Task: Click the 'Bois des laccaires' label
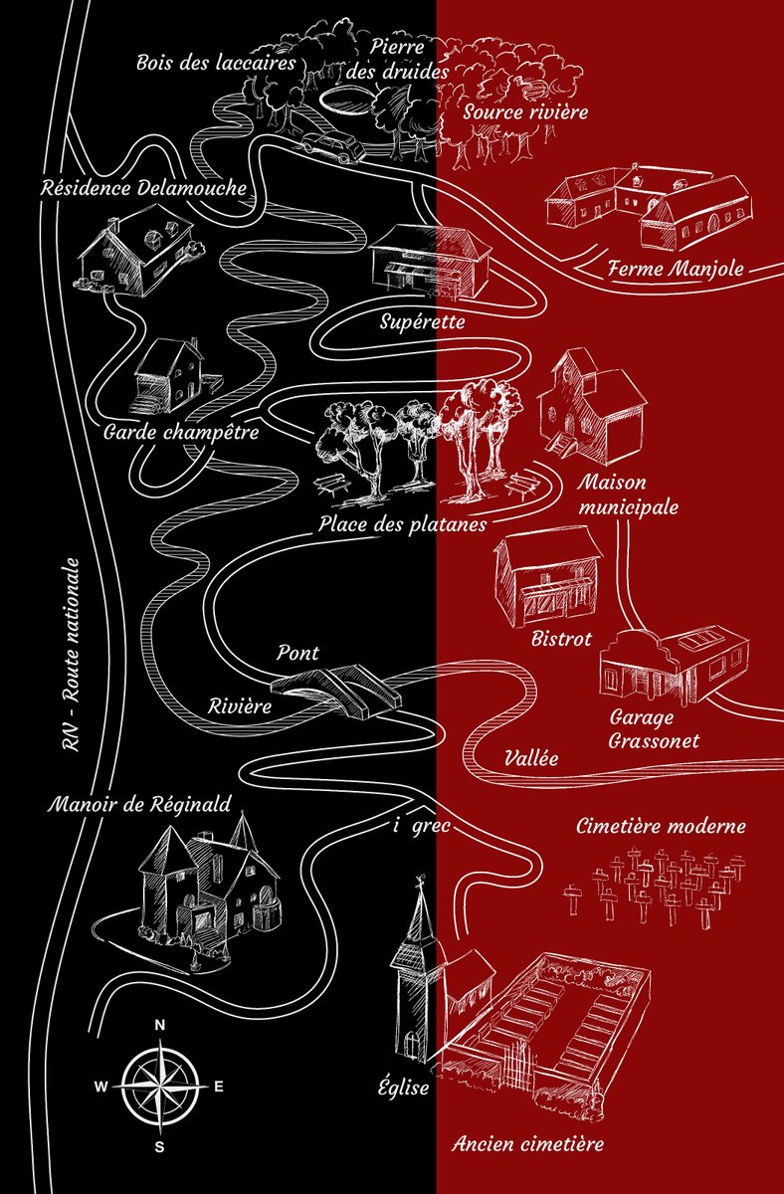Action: (216, 63)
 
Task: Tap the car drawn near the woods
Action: (334, 145)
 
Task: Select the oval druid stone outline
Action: (346, 99)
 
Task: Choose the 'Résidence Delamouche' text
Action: (144, 188)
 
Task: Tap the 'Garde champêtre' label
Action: (181, 432)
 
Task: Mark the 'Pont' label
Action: (297, 653)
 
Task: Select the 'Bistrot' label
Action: (561, 638)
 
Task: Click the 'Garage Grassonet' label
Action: (654, 729)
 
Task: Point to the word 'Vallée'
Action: (531, 757)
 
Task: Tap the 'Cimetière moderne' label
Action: (661, 826)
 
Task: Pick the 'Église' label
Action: (404, 1087)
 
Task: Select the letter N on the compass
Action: (159, 1025)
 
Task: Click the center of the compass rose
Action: (159, 1085)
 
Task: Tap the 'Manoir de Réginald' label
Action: (139, 804)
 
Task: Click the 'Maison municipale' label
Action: (628, 495)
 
